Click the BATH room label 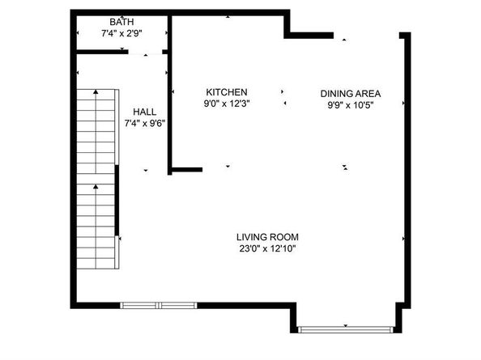pyautogui.click(x=123, y=21)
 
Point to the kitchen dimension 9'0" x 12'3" pyautogui.click(x=226, y=104)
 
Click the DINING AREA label pyautogui.click(x=350, y=92)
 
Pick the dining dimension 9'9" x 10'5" pyautogui.click(x=350, y=104)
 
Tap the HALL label pyautogui.click(x=145, y=112)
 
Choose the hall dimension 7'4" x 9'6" pyautogui.click(x=145, y=124)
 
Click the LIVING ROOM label pyautogui.click(x=267, y=236)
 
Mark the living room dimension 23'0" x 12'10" pyautogui.click(x=267, y=248)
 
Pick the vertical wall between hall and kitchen pyautogui.click(x=169, y=97)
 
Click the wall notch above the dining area pyautogui.click(x=309, y=34)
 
